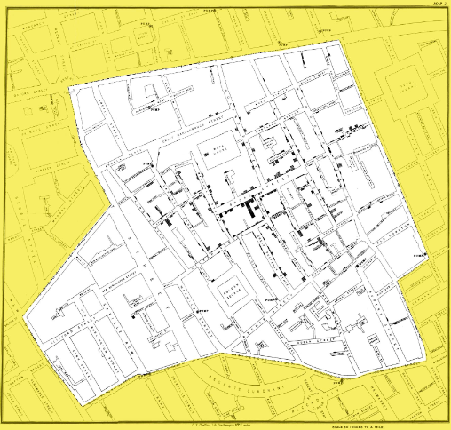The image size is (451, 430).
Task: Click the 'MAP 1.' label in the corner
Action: (438, 5)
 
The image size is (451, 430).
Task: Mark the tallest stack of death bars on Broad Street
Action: (250, 210)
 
